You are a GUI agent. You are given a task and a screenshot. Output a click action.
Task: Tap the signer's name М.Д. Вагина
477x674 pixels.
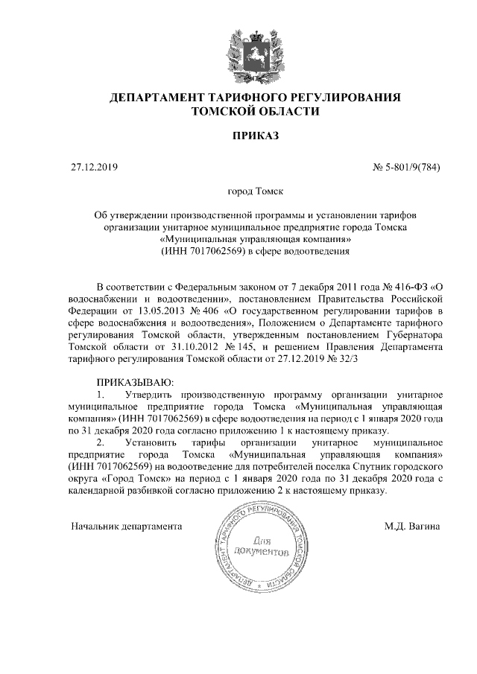point(411,526)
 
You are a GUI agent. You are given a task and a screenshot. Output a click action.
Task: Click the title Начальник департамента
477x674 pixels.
point(126,526)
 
